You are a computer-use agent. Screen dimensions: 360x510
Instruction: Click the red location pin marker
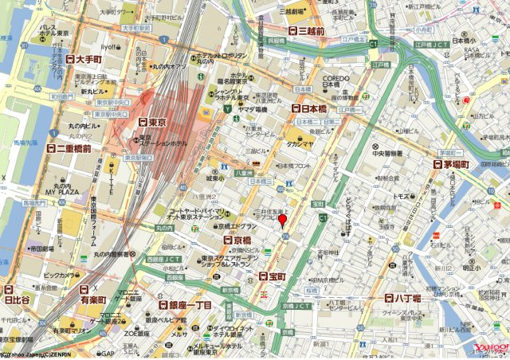(x=282, y=221)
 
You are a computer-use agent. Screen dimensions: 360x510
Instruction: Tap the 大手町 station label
(x=86, y=59)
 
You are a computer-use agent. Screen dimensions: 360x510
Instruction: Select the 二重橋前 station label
(x=73, y=148)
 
